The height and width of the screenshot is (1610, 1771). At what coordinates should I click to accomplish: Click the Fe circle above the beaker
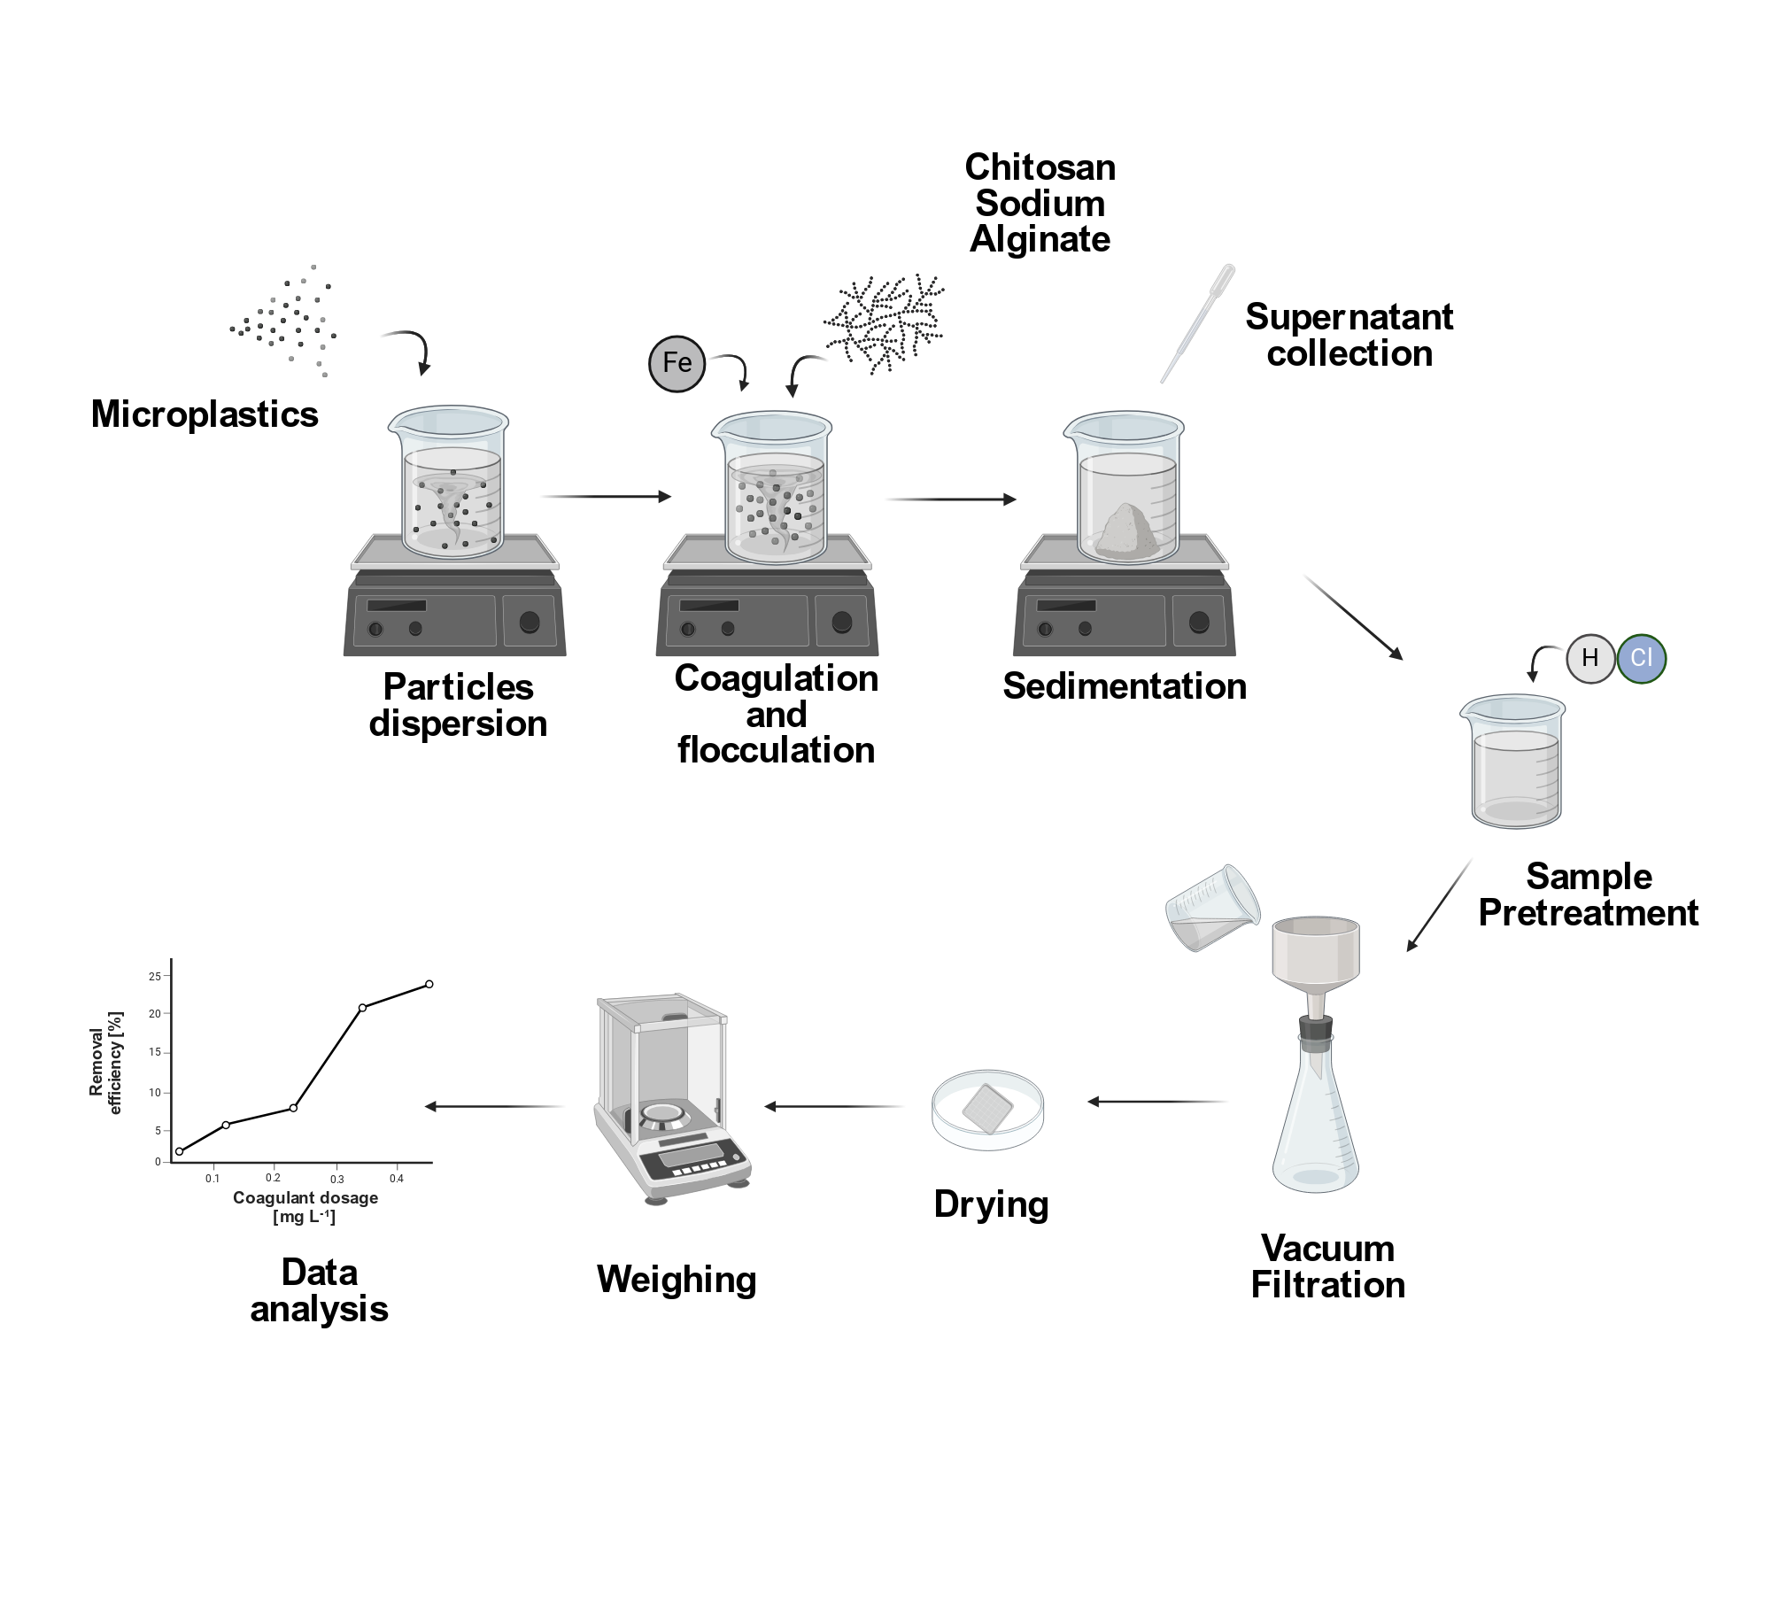click(677, 363)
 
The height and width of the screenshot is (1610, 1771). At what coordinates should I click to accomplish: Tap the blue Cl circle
click(1642, 658)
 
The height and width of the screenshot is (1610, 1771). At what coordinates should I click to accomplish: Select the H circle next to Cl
click(1590, 658)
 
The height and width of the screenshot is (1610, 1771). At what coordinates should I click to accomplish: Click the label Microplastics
click(205, 414)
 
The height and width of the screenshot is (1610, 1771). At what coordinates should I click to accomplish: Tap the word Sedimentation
click(1125, 686)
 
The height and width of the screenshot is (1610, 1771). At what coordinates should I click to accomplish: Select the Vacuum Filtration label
click(1327, 1266)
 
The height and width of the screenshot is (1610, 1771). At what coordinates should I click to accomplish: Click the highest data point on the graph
click(429, 984)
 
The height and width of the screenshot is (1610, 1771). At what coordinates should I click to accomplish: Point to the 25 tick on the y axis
click(155, 977)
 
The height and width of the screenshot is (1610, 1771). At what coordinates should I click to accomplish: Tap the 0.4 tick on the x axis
click(397, 1179)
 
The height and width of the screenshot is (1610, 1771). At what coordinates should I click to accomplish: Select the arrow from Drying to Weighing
click(833, 1106)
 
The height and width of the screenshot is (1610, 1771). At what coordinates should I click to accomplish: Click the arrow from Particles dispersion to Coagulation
click(606, 497)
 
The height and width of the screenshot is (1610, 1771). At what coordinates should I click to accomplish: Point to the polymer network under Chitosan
click(884, 323)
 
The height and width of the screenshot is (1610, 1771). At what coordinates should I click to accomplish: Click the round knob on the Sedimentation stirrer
click(1199, 621)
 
